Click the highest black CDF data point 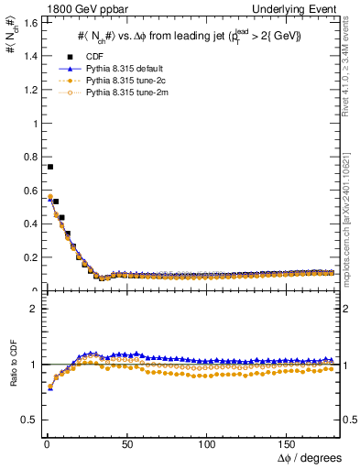coord(49,167)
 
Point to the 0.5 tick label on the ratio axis coord(28,420)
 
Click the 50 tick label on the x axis coord(127,443)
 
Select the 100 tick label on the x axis coord(208,443)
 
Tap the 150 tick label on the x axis coord(289,443)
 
